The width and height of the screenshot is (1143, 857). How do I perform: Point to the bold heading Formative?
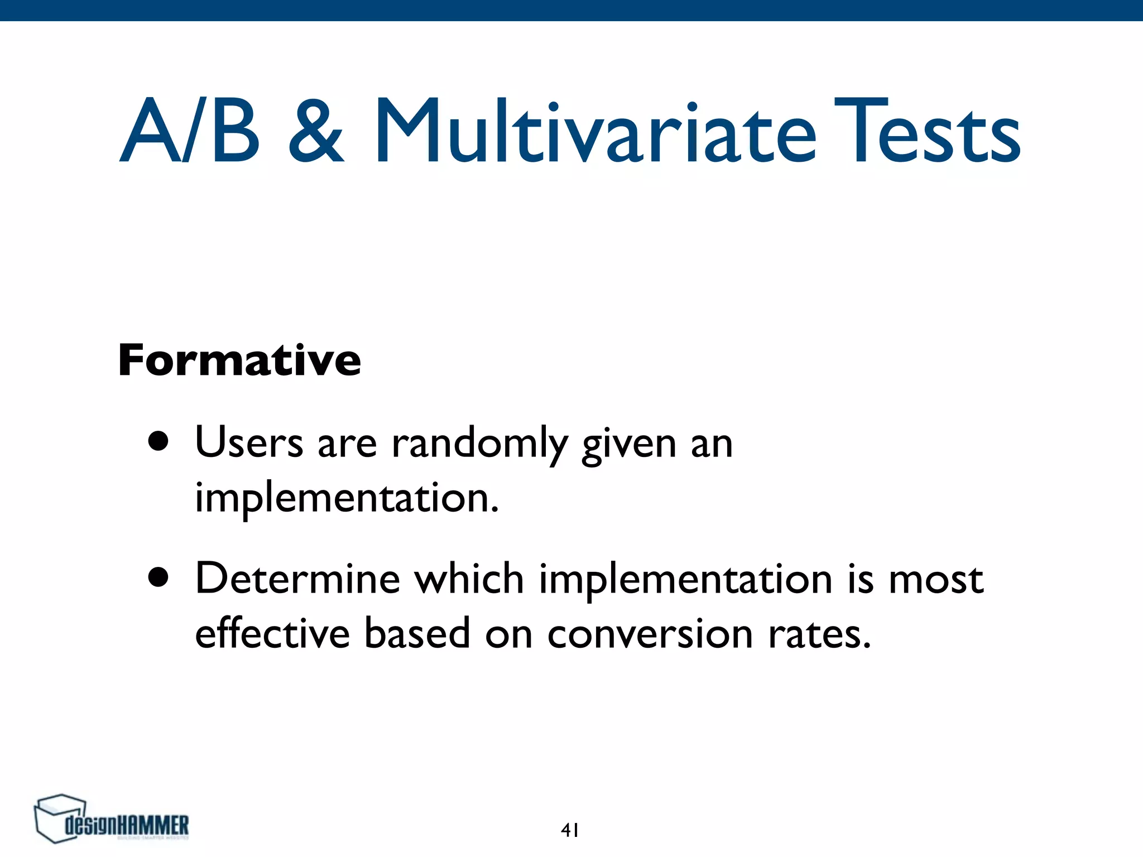click(239, 360)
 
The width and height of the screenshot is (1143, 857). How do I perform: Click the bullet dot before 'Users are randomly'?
click(159, 442)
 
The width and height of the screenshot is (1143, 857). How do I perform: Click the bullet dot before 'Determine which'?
click(159, 579)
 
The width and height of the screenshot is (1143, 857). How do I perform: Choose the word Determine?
click(297, 579)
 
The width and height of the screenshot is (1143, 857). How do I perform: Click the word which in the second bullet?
click(468, 579)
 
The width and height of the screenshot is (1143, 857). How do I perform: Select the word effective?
click(272, 634)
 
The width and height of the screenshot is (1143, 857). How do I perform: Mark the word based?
click(417, 634)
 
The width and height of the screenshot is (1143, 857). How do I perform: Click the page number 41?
click(570, 830)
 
